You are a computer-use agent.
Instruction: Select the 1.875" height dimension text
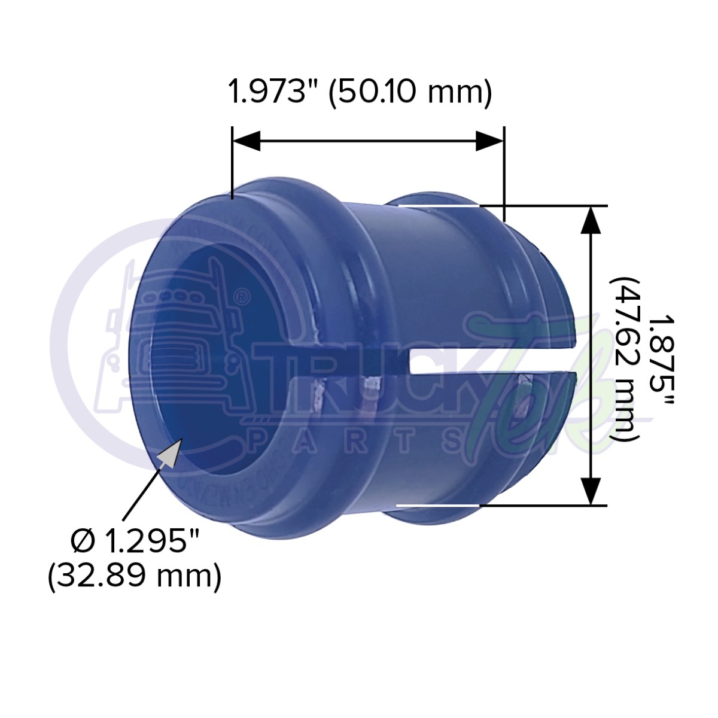[661, 355]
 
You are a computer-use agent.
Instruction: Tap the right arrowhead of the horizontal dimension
[489, 142]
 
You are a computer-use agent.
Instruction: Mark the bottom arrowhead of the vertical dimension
[592, 491]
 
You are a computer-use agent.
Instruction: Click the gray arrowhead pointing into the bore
[170, 451]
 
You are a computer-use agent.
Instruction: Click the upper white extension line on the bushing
[439, 206]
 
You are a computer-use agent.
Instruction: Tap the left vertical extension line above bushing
[232, 162]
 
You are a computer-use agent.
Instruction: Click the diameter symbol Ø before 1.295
[83, 542]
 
